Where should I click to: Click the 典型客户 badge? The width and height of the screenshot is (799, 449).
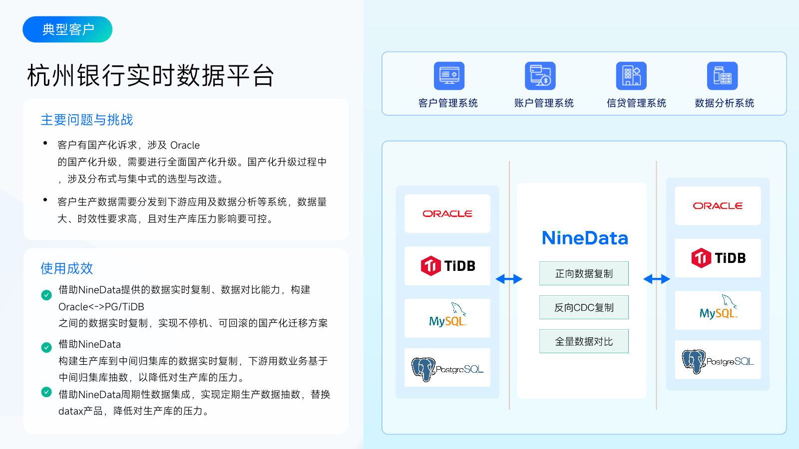(67, 29)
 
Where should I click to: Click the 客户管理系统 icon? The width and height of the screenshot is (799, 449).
(449, 75)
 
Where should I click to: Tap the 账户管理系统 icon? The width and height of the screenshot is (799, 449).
(540, 75)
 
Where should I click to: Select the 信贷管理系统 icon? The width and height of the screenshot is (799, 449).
(631, 75)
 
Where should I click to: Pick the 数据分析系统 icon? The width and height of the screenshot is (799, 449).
(722, 75)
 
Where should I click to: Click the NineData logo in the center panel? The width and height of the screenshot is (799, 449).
(585, 238)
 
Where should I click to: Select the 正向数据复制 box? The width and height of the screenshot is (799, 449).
(584, 273)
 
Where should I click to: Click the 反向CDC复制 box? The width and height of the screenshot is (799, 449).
(584, 307)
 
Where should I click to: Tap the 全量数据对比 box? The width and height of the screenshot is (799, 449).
(584, 341)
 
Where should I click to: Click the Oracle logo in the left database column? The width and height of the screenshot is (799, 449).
(447, 214)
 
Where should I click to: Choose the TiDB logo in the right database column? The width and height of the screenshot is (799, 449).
(718, 258)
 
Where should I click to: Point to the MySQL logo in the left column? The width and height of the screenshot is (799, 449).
(447, 315)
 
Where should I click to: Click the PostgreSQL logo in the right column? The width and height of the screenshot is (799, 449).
(718, 361)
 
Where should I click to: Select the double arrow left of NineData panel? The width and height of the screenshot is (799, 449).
(509, 279)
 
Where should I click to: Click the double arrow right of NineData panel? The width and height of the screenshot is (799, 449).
(656, 279)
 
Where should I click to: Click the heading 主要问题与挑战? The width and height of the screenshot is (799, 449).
(87, 120)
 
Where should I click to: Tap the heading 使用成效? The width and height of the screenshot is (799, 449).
(67, 268)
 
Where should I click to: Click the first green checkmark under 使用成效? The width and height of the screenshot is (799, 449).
(46, 295)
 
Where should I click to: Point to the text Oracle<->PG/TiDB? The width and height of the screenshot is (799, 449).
(101, 307)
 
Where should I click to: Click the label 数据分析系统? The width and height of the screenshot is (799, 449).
(725, 103)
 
